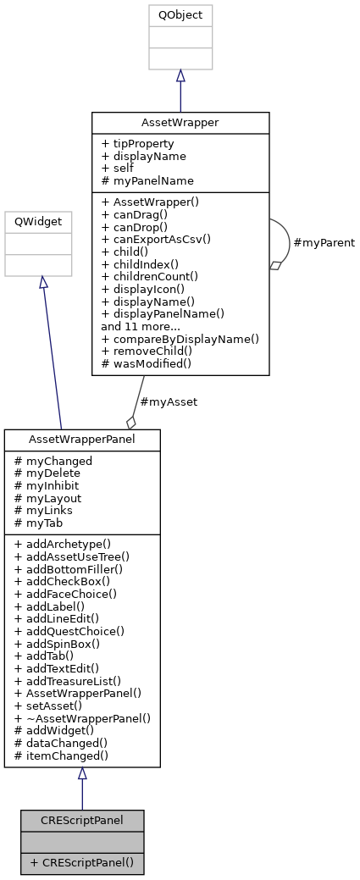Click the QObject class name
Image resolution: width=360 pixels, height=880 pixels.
pyautogui.click(x=180, y=15)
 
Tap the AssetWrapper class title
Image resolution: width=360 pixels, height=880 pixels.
pyautogui.click(x=180, y=122)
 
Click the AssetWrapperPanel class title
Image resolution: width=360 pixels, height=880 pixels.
pyautogui.click(x=82, y=440)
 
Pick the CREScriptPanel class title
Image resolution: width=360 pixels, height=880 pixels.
pyautogui.click(x=82, y=820)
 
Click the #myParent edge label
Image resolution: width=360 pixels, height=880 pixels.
pyautogui.click(x=324, y=243)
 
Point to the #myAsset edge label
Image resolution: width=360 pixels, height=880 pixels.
pyautogui.click(x=169, y=402)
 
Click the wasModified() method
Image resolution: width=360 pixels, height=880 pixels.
pyautogui.click(x=147, y=363)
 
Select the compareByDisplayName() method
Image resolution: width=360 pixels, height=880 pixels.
pyautogui.click(x=180, y=338)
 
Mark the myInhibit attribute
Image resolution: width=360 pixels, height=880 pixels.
pyautogui.click(x=52, y=486)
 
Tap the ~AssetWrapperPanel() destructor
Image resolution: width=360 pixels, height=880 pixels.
pyautogui.click(x=82, y=717)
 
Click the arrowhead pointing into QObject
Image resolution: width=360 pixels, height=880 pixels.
pyautogui.click(x=180, y=76)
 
